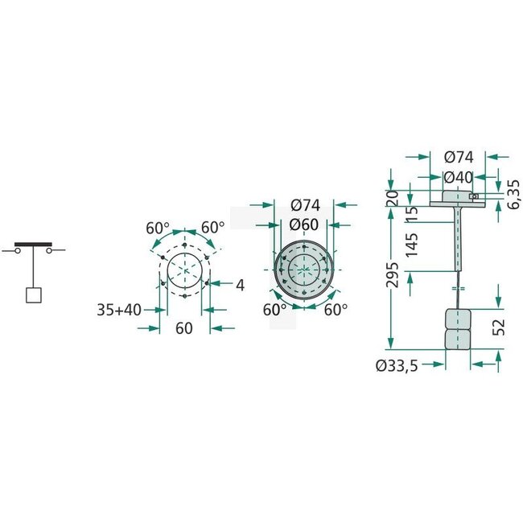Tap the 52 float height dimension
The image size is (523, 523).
498,327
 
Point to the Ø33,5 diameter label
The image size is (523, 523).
396,365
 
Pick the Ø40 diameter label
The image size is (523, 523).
457,177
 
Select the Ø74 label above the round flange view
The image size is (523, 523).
303,204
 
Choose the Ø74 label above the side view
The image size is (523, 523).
458,157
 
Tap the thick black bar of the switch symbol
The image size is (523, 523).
34,243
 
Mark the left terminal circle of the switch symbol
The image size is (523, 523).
18,251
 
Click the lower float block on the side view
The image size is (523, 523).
457,339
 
